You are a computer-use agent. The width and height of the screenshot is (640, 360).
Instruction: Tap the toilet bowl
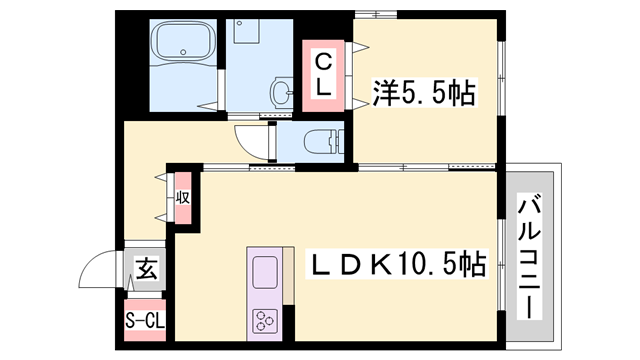pyautogui.click(x=320, y=141)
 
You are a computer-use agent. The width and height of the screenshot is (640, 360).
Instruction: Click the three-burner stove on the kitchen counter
pyautogui.click(x=265, y=322)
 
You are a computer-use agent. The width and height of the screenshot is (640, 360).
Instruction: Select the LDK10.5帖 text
pyautogui.click(x=397, y=264)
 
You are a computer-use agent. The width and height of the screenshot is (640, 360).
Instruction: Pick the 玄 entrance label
pyautogui.click(x=146, y=268)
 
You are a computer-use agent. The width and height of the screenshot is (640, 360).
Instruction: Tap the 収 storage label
pyautogui.click(x=185, y=196)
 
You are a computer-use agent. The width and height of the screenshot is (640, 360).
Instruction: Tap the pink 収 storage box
pyautogui.click(x=185, y=197)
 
